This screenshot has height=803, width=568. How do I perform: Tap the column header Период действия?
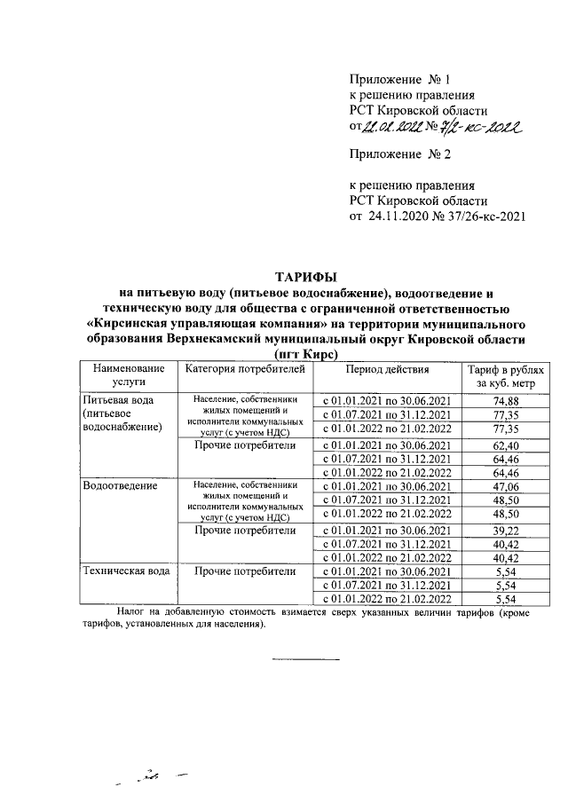387,370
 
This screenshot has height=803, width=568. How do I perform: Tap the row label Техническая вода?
125,571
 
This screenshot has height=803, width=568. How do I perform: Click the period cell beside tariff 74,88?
387,401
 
